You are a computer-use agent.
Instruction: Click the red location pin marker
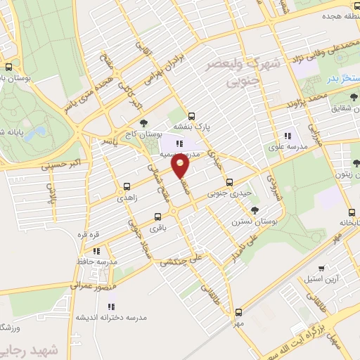point(181,167)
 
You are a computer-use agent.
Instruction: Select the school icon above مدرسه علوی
point(287,136)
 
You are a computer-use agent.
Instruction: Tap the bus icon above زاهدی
point(127,186)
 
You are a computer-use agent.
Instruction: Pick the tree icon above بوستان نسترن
point(254,210)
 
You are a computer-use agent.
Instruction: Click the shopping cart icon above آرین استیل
point(322,267)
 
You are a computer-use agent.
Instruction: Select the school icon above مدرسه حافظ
point(97,250)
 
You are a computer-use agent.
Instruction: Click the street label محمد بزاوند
point(308,98)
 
